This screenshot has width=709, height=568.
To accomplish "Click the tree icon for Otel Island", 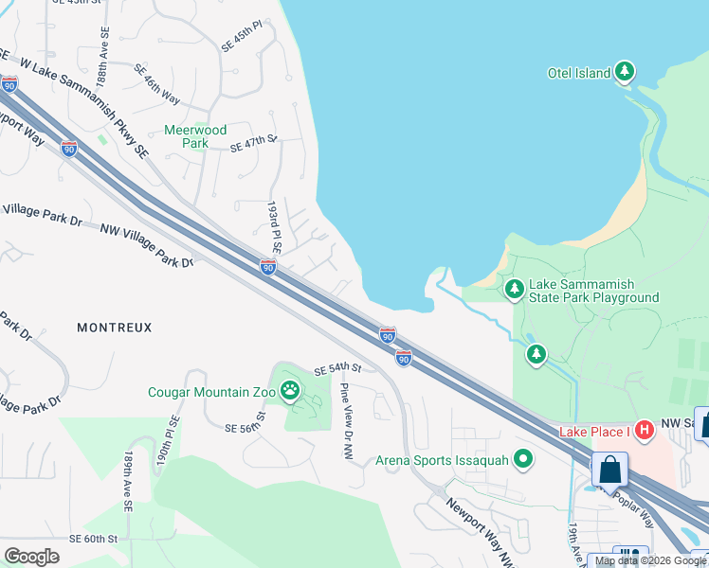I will (625, 72).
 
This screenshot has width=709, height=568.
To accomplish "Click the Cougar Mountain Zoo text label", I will (210, 392).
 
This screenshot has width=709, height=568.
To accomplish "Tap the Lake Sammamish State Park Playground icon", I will (514, 288).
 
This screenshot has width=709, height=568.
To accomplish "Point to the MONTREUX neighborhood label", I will (115, 328).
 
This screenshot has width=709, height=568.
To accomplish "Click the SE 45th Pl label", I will (242, 42).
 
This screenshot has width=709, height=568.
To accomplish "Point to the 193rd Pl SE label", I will (274, 226).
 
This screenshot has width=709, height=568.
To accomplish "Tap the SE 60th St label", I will (93, 538).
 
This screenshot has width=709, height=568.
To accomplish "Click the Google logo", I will (32, 556).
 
